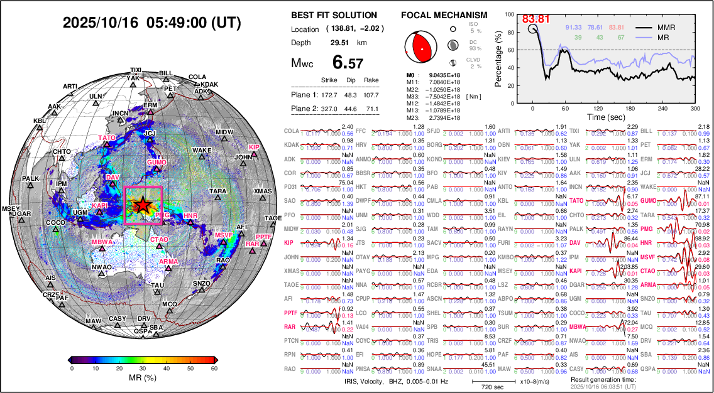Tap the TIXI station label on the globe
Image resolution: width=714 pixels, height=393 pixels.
[x=136, y=70]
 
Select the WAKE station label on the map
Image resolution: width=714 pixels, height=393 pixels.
[x=201, y=151]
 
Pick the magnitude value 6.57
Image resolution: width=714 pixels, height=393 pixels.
[x=348, y=63]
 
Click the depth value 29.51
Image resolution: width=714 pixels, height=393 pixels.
[x=340, y=43]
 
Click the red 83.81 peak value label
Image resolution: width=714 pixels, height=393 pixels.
[x=537, y=19]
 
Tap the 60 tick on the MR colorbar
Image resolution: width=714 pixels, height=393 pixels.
[x=214, y=369]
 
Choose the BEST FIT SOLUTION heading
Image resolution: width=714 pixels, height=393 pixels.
[x=334, y=15]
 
